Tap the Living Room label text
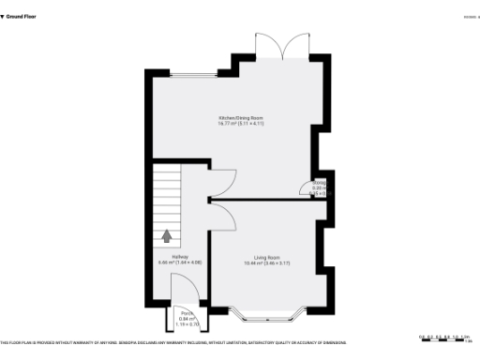click(266, 257)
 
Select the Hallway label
click(179, 257)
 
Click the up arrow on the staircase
click(168, 236)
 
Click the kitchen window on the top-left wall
click(183, 73)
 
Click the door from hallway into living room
click(223, 217)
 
